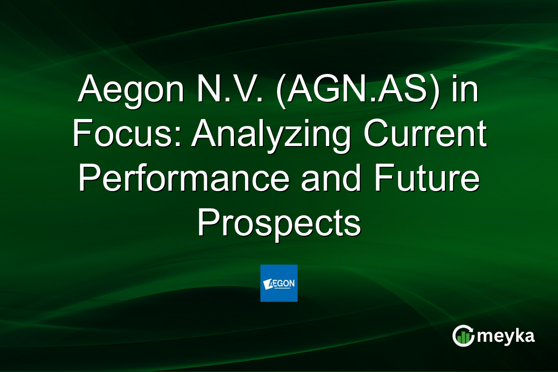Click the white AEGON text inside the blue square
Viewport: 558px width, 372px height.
tap(281, 283)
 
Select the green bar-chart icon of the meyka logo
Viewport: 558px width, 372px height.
tap(463, 336)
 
